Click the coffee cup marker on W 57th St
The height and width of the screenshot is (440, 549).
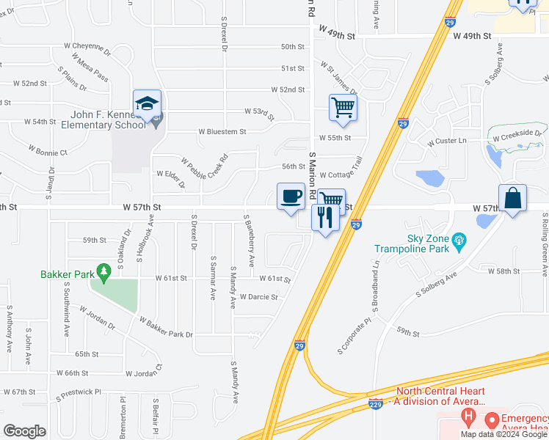tap(291, 197)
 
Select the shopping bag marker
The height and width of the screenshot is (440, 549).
tap(512, 198)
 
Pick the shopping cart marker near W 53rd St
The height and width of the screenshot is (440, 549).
tap(343, 108)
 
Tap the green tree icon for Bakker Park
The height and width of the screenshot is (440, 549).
tap(103, 274)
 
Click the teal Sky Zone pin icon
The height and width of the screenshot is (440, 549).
tap(460, 239)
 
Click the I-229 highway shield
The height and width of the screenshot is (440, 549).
tap(375, 404)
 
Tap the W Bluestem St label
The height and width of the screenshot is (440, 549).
tap(222, 132)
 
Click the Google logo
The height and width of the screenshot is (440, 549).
tap(25, 431)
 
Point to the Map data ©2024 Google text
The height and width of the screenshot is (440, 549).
tap(503, 434)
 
